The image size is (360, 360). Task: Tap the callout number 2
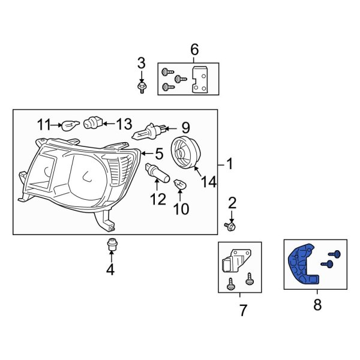tap(232, 203)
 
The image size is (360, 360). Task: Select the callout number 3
tap(142, 62)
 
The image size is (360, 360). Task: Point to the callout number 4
tap(110, 271)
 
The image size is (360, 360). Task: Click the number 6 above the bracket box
tap(194, 50)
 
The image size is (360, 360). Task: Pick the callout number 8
tap(317, 305)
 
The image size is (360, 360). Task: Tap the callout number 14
tap(208, 181)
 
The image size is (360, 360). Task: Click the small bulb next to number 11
tap(70, 125)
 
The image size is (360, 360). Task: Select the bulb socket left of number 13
tap(91, 124)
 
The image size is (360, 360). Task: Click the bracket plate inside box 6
tap(199, 80)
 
